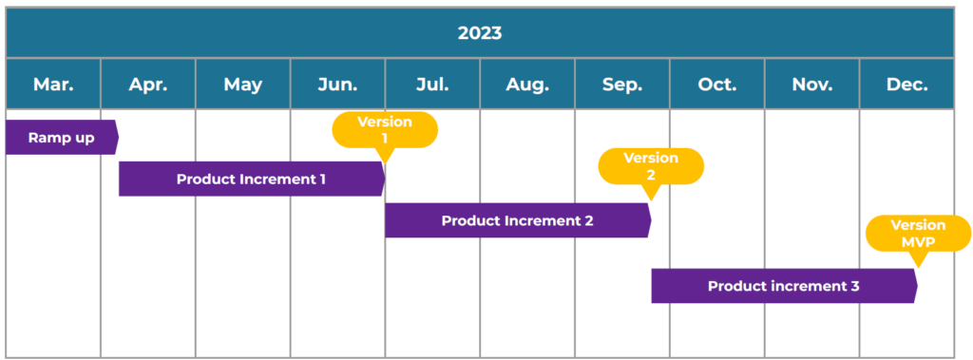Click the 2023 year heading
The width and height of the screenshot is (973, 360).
[480, 33]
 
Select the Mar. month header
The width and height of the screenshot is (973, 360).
[53, 85]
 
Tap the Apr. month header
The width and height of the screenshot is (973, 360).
[148, 85]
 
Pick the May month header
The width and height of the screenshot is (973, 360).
[243, 85]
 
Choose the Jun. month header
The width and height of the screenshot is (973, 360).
[337, 85]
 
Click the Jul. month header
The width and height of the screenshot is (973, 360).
[432, 85]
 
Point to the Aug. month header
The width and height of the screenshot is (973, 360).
[527, 85]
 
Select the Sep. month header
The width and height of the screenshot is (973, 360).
[622, 85]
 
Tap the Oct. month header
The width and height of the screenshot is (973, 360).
[717, 85]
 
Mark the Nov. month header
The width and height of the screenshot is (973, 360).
[812, 85]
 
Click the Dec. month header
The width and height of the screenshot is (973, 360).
[907, 85]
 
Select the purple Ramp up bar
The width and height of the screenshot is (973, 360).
[62, 137]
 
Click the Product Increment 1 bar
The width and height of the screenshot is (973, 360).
[252, 179]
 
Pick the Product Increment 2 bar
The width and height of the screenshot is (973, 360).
[518, 220]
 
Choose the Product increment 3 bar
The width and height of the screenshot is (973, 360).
[784, 286]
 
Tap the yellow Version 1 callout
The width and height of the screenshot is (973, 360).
[385, 130]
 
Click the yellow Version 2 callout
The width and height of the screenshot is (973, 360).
[651, 166]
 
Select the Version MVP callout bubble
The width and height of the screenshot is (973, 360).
[918, 234]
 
